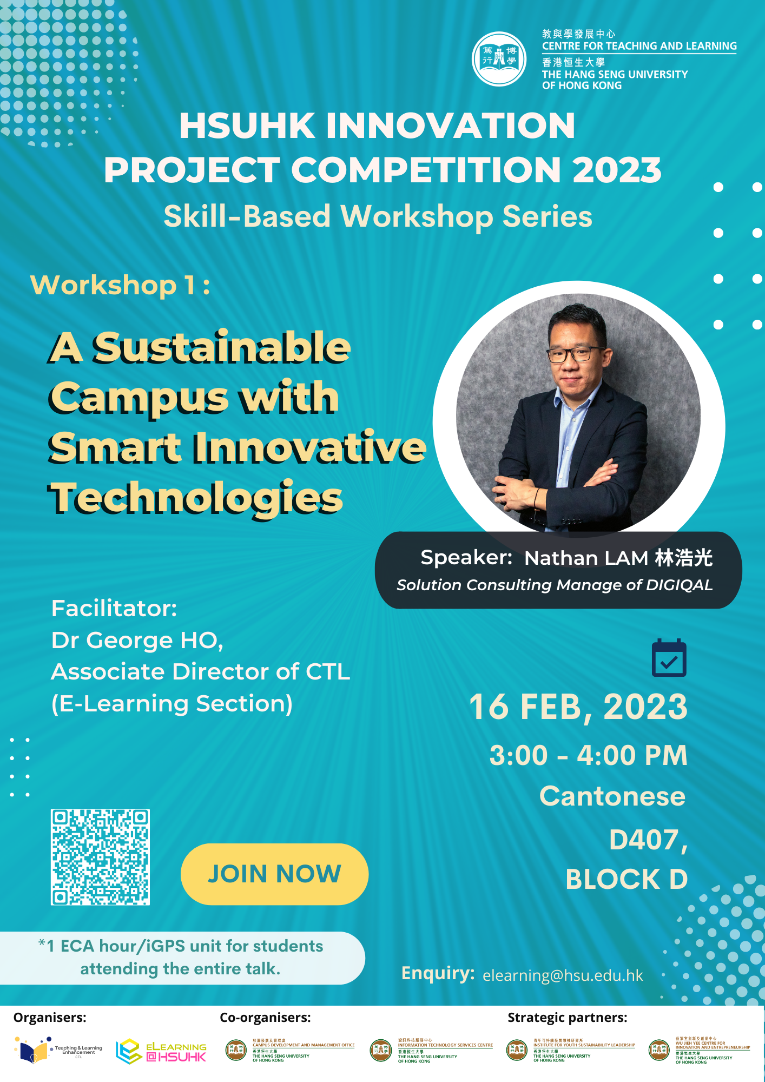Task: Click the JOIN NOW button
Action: click(x=274, y=874)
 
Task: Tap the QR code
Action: click(x=100, y=857)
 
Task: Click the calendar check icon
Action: click(x=669, y=658)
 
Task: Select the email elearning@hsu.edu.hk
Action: click(x=563, y=975)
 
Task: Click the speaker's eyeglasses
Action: click(x=575, y=354)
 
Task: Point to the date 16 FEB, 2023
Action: click(x=578, y=707)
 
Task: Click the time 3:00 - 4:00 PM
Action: click(x=588, y=755)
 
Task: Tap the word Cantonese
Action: click(x=612, y=796)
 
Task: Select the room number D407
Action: click(x=647, y=840)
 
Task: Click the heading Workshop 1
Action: click(x=120, y=285)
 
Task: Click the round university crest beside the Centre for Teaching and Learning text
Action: click(x=499, y=59)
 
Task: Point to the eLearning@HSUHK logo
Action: click(x=161, y=1051)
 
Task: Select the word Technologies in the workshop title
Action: click(x=197, y=498)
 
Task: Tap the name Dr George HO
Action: click(x=137, y=641)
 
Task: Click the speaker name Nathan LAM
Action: click(x=586, y=558)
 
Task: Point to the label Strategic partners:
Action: click(x=567, y=1018)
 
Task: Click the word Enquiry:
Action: click(x=438, y=973)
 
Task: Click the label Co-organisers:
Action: click(x=265, y=1018)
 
